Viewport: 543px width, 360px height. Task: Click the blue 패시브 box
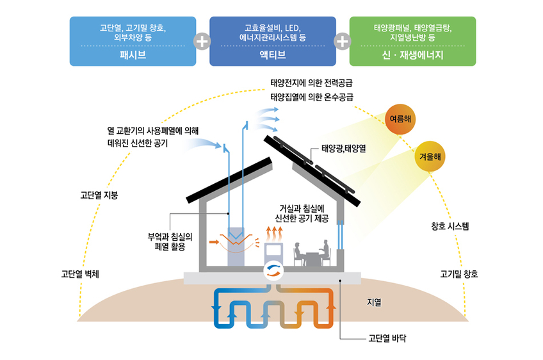pyautogui.click(x=133, y=41)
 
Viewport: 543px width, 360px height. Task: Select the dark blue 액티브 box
pyautogui.click(x=272, y=41)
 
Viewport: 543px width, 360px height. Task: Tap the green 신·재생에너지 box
pyautogui.click(x=412, y=41)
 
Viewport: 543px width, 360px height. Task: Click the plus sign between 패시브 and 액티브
pyautogui.click(x=202, y=41)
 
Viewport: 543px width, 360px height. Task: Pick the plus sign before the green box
pyautogui.click(x=343, y=41)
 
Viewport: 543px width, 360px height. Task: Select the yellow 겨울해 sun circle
pyautogui.click(x=430, y=156)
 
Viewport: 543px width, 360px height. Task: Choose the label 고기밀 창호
pyautogui.click(x=458, y=274)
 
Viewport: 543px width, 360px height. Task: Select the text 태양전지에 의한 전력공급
pyautogui.click(x=312, y=83)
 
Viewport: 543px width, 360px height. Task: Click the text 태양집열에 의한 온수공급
pyautogui.click(x=312, y=97)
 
